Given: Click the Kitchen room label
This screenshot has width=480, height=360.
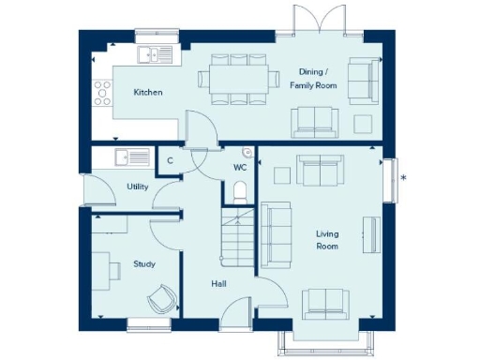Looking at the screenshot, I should pos(147,93).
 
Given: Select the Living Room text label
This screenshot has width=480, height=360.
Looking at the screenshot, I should pos(326,240).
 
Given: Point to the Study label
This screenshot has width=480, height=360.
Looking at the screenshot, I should pos(143,264).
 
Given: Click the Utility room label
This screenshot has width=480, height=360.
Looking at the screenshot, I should pos(137,187).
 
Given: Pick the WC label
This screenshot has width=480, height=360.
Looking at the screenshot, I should pos(240,168).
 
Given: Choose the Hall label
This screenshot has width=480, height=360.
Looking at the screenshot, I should pos(218,283).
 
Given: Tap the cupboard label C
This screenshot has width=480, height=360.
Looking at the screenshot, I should pos(170,161).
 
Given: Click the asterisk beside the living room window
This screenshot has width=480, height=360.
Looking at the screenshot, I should pos(403,177).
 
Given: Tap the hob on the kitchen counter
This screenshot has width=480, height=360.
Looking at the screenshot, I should pos(99,93).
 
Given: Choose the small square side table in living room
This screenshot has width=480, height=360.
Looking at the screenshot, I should pos(280,174).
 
